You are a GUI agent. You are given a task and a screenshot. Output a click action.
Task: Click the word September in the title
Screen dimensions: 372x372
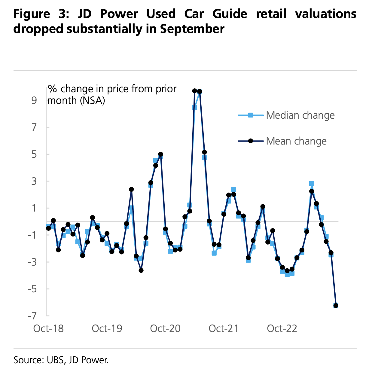coord(192,29)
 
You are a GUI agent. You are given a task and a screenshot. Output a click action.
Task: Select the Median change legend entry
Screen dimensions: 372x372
coord(300,115)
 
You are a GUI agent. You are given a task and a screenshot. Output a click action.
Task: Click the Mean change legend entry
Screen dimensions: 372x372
coord(296,141)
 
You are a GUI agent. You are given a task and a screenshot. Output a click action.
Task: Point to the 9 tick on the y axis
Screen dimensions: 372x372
coord(34,100)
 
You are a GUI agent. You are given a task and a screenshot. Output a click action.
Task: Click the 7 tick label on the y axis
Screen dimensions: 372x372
coord(34,127)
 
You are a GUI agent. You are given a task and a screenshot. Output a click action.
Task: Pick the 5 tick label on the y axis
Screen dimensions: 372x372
coord(34,154)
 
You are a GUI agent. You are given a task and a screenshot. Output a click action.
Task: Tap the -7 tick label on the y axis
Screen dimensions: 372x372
coord(32,316)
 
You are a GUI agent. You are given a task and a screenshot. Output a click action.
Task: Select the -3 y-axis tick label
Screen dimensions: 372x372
coord(32,262)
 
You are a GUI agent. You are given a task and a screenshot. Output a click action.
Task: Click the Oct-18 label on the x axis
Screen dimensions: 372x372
coord(48,328)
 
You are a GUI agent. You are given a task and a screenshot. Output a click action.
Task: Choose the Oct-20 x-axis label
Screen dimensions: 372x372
coord(165,328)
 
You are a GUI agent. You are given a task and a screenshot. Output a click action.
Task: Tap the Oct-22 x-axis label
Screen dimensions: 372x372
coord(282,328)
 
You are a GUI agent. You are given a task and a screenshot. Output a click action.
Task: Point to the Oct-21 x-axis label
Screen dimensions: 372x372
coord(224,328)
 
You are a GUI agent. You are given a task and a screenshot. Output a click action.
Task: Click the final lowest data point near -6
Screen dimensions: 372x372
coord(336,306)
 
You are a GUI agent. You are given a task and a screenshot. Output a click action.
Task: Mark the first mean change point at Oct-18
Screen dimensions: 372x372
coord(48,228)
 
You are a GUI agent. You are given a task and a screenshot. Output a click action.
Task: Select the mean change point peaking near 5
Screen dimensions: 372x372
coord(160,154)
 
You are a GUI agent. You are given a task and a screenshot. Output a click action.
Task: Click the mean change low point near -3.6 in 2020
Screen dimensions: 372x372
coord(141,270)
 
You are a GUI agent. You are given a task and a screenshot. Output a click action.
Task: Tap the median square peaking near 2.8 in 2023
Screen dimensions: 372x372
coord(312,183)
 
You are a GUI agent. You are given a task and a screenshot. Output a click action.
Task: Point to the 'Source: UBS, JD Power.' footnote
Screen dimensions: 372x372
coord(61,360)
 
